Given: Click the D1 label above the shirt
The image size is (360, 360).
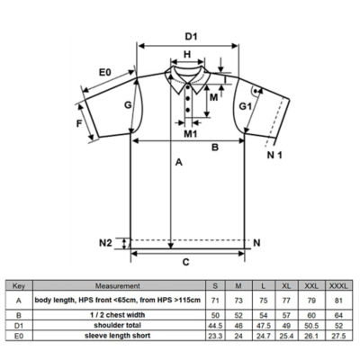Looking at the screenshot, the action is (x=191, y=37).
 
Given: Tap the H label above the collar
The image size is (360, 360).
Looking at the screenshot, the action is (x=187, y=54).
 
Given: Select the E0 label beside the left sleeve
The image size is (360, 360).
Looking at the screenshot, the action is (x=105, y=72).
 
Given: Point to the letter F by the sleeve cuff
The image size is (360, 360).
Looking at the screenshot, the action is (x=79, y=123).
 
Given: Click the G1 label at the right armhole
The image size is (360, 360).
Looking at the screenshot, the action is (x=245, y=106).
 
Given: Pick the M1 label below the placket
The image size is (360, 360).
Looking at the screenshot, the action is (x=191, y=134).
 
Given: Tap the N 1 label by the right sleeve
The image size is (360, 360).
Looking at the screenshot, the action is (x=274, y=155).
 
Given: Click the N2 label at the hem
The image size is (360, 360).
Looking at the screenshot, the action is (x=105, y=242).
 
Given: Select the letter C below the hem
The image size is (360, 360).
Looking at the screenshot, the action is (x=186, y=262).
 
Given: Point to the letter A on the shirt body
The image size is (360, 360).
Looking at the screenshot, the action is (x=179, y=162).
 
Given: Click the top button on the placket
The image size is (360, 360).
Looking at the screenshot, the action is (x=188, y=87).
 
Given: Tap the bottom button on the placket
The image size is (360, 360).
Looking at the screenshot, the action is (x=188, y=110).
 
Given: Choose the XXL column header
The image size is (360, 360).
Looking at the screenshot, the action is (x=311, y=286).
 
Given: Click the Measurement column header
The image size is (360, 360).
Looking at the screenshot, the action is (x=118, y=286).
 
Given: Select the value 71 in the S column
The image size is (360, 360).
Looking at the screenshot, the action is (x=215, y=300).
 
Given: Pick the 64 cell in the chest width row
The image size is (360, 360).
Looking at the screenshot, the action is (x=338, y=315).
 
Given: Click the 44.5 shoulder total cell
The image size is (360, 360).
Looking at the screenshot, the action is (x=215, y=326).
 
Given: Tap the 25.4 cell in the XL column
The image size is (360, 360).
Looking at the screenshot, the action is (x=286, y=336).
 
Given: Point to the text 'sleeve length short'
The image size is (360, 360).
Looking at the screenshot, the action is (x=118, y=336).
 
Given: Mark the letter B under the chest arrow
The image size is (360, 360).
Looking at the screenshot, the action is (x=215, y=148).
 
